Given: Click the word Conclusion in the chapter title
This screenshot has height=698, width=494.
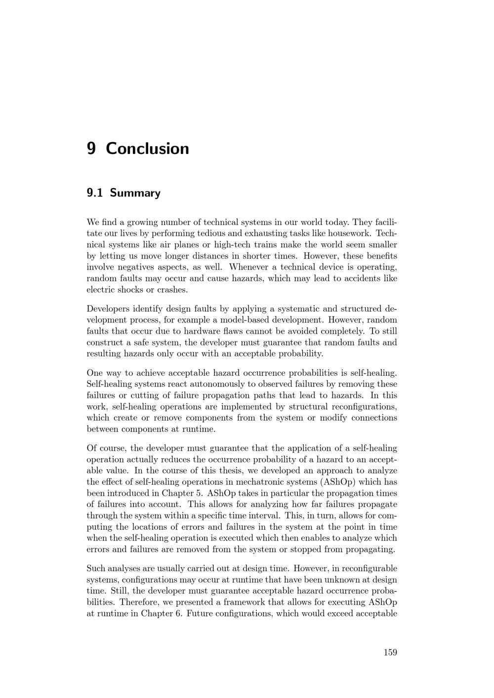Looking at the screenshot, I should (147, 149).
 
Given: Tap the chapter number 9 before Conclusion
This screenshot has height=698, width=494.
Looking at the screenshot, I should (91, 149).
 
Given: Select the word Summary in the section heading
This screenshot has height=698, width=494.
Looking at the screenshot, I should (135, 193).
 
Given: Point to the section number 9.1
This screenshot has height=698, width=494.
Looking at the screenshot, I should (95, 193).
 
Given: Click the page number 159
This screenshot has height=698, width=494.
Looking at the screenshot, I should (390, 653).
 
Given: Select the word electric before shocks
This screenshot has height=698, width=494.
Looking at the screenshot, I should (102, 290).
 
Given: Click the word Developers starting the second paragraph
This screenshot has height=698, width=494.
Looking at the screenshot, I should (108, 309).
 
